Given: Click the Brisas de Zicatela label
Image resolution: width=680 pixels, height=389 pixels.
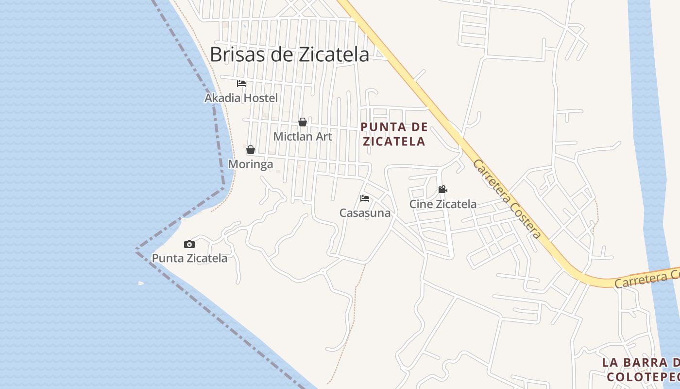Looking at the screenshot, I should coord(289,54).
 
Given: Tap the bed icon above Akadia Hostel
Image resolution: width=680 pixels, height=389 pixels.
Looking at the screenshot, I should coord(241,84).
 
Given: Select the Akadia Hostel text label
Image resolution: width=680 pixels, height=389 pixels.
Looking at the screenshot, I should coord(241,98).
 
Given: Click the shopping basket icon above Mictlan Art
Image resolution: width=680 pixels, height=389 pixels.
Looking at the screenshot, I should coord(303,122).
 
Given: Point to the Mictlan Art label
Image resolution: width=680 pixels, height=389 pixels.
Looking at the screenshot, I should coord(303,137).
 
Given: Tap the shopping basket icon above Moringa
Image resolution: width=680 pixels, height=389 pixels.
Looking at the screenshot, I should coord(251,150).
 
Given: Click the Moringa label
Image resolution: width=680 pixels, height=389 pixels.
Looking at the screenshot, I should coord(251,164).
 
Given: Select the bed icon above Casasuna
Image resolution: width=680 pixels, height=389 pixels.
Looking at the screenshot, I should coord(365,198).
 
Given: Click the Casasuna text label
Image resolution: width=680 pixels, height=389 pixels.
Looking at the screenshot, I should coord(365,213).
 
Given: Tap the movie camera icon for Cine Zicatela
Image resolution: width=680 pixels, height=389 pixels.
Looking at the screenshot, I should coord(442,189).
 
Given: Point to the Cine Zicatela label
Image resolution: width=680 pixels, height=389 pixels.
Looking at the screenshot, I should coord(442,204).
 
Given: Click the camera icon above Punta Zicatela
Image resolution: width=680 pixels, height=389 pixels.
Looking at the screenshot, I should coord(189,244).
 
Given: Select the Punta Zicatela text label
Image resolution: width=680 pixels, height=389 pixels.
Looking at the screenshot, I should coord(189,258).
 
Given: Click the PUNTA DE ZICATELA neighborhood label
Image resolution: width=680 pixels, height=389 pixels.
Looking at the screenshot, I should coord(394,134).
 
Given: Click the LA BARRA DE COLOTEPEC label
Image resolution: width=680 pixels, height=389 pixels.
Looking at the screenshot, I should coord(641,370).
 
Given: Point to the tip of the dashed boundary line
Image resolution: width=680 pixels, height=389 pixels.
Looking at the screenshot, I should coord(136,249).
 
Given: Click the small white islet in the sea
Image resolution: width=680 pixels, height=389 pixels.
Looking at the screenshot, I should coord(141,283).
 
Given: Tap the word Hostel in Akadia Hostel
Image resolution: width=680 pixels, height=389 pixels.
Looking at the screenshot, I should coord(260,98).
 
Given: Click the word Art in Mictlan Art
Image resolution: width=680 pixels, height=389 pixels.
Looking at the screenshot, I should coord(323,137).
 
